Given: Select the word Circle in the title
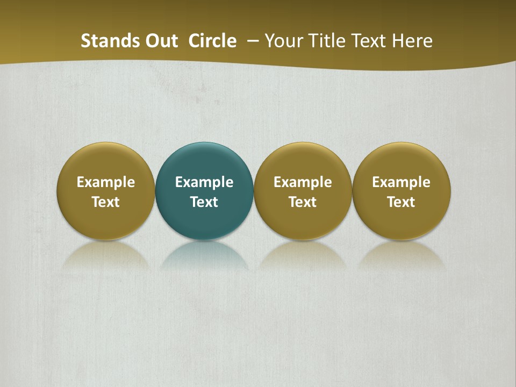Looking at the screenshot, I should click(x=212, y=41).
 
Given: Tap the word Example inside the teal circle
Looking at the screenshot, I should click(x=204, y=182).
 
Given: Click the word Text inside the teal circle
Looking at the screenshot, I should click(x=204, y=202).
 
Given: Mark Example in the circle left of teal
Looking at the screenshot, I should click(x=106, y=182).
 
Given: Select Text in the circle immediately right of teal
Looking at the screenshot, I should click(x=303, y=202).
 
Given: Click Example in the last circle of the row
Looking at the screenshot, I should click(x=402, y=182).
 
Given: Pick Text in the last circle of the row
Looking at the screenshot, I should click(x=402, y=202).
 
